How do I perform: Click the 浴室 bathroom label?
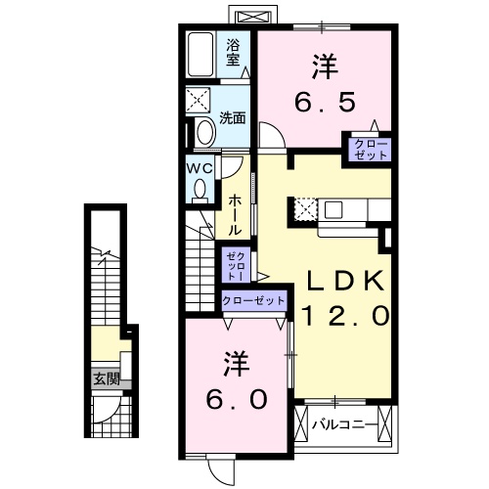click(234, 53)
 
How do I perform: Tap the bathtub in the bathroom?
click(203, 56)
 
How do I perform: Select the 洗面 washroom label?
click(232, 119)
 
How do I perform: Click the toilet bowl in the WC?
click(200, 192)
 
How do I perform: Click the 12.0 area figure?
click(347, 315)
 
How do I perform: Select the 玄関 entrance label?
click(105, 377)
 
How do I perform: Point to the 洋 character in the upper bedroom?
click(325, 67)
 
